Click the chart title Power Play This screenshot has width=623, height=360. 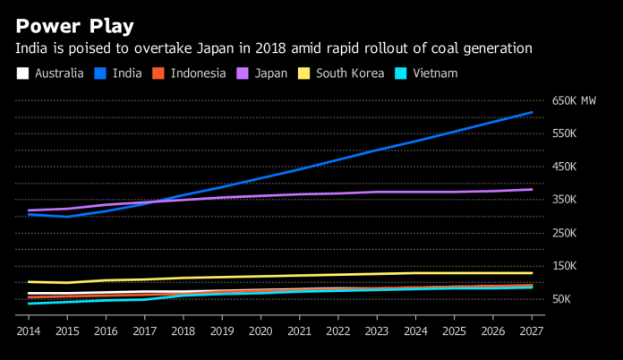coord(74,26)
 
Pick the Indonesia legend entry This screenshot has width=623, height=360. coord(192,73)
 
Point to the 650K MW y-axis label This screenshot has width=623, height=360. coord(574,100)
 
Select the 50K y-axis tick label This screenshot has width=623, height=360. coord(563,299)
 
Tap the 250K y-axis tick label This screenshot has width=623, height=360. coord(566,233)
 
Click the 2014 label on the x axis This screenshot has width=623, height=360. coord(29,331)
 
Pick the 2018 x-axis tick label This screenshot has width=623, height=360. coord(183,331)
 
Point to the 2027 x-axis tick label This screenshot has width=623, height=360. coord(532,331)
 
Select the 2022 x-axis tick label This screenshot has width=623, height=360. coord(338,331)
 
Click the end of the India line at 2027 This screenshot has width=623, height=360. coord(532,113)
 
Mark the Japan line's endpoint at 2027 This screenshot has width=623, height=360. coord(532,189)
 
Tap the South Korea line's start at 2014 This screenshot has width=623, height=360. coord(29,282)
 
